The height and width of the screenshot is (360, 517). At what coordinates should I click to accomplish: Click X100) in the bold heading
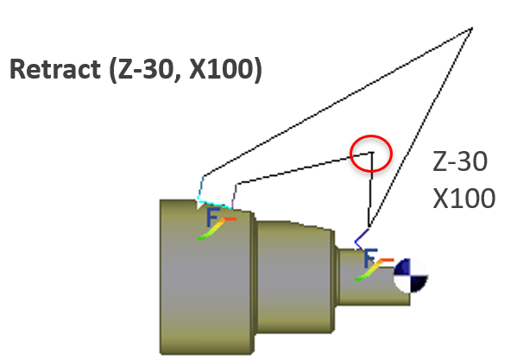click(x=226, y=69)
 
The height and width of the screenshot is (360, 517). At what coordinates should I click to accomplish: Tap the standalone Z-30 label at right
click(x=460, y=161)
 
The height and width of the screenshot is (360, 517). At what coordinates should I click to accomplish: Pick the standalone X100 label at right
click(x=463, y=198)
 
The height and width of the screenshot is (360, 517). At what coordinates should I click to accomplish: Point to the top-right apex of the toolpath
click(x=471, y=28)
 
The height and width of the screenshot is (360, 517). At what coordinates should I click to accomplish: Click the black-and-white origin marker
click(x=411, y=275)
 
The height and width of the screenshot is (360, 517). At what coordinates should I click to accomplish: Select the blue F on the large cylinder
click(x=212, y=218)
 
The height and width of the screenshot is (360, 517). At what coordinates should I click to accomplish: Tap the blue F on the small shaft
click(x=370, y=258)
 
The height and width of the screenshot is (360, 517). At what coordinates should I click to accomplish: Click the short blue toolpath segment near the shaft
click(x=362, y=239)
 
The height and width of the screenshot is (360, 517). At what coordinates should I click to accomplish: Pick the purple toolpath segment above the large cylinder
click(x=234, y=196)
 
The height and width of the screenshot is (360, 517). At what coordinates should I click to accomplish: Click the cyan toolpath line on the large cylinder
click(x=214, y=204)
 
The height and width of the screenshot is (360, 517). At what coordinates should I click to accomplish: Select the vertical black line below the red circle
click(x=370, y=190)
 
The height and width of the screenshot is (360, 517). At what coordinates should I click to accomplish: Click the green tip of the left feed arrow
click(x=201, y=238)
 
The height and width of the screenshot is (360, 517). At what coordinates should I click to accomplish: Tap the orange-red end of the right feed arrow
click(x=388, y=260)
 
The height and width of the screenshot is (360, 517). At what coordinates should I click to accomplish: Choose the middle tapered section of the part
click(x=295, y=277)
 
